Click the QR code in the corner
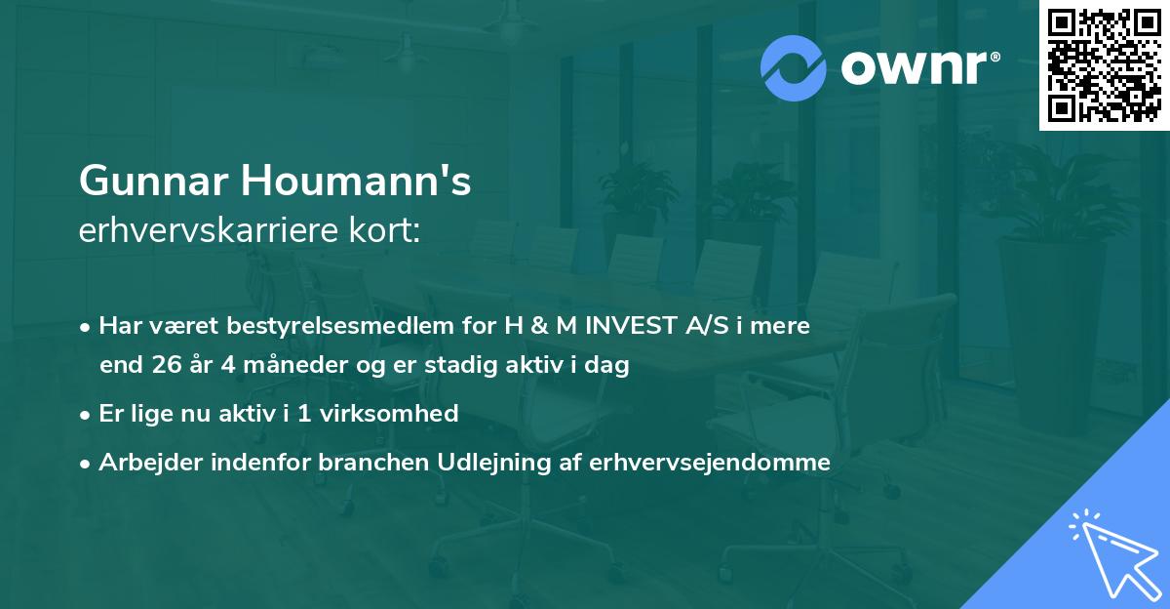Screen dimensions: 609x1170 (x=1104, y=65)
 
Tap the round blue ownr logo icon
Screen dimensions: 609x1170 (x=794, y=68)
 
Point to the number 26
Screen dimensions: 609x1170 (x=164, y=366)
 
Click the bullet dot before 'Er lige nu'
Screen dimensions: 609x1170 (x=87, y=415)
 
